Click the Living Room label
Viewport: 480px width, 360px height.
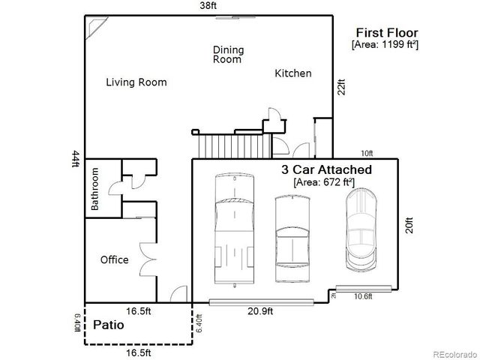(136, 82)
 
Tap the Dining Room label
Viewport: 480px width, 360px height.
(228, 55)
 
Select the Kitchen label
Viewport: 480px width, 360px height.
(292, 73)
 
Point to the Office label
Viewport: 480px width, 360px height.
(114, 260)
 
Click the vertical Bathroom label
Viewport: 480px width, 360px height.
(95, 188)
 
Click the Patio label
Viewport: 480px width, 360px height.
(109, 326)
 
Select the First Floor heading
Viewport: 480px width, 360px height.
(387, 32)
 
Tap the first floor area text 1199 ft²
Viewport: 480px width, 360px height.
(385, 45)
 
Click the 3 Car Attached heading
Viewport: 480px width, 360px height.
(326, 170)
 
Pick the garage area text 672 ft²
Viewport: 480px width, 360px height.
(326, 182)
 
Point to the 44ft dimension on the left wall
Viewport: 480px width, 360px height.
(75, 160)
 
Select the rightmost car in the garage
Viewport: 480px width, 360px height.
(362, 228)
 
